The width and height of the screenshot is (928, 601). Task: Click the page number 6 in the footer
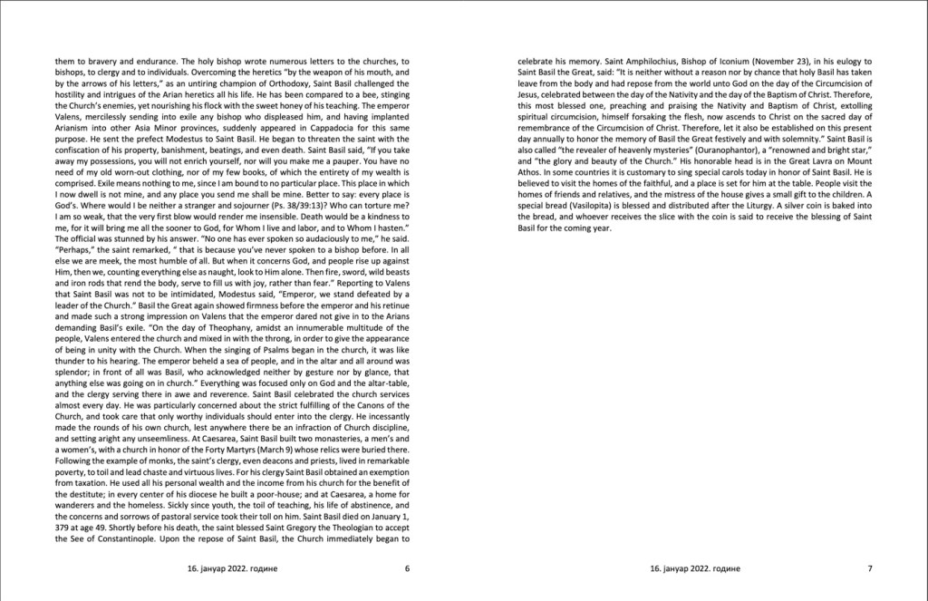(x=408, y=569)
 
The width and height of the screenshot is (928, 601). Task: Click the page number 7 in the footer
(x=869, y=569)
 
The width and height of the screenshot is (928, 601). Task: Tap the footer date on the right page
(x=695, y=569)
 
